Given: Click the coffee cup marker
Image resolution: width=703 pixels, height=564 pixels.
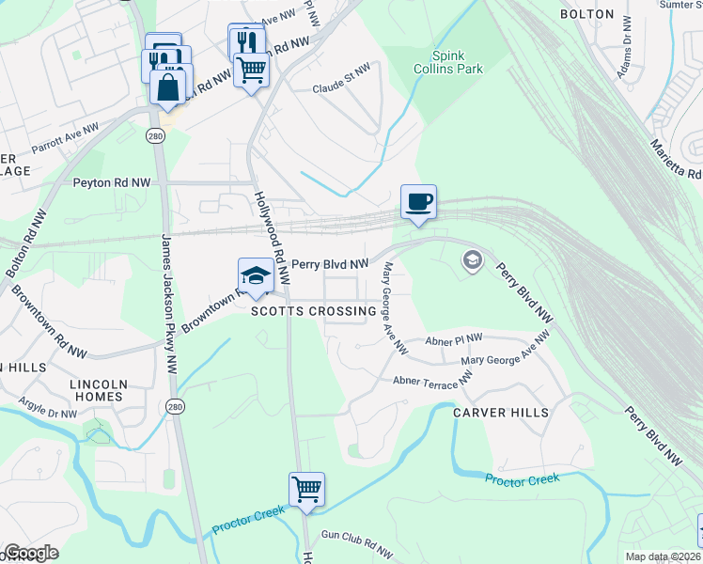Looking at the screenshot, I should click(x=418, y=201).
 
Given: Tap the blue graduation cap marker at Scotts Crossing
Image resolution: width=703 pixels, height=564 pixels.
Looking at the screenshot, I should click(x=255, y=275).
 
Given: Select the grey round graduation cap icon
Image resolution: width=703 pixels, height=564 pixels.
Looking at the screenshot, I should click(x=473, y=259).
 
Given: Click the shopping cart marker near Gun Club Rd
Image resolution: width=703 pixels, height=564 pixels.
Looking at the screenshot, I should click(x=306, y=489).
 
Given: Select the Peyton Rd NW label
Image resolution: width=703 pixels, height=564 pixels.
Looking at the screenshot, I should click(x=112, y=182).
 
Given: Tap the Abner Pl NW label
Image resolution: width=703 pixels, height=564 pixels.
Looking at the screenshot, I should click(x=454, y=340).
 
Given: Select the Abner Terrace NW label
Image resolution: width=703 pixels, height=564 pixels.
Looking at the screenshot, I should click(x=432, y=381).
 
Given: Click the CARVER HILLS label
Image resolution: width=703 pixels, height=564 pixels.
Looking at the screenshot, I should click(x=500, y=413).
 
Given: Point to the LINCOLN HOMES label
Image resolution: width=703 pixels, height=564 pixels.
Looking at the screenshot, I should click(x=99, y=390).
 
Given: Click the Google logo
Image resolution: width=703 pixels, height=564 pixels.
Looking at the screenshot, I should click(x=31, y=553).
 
